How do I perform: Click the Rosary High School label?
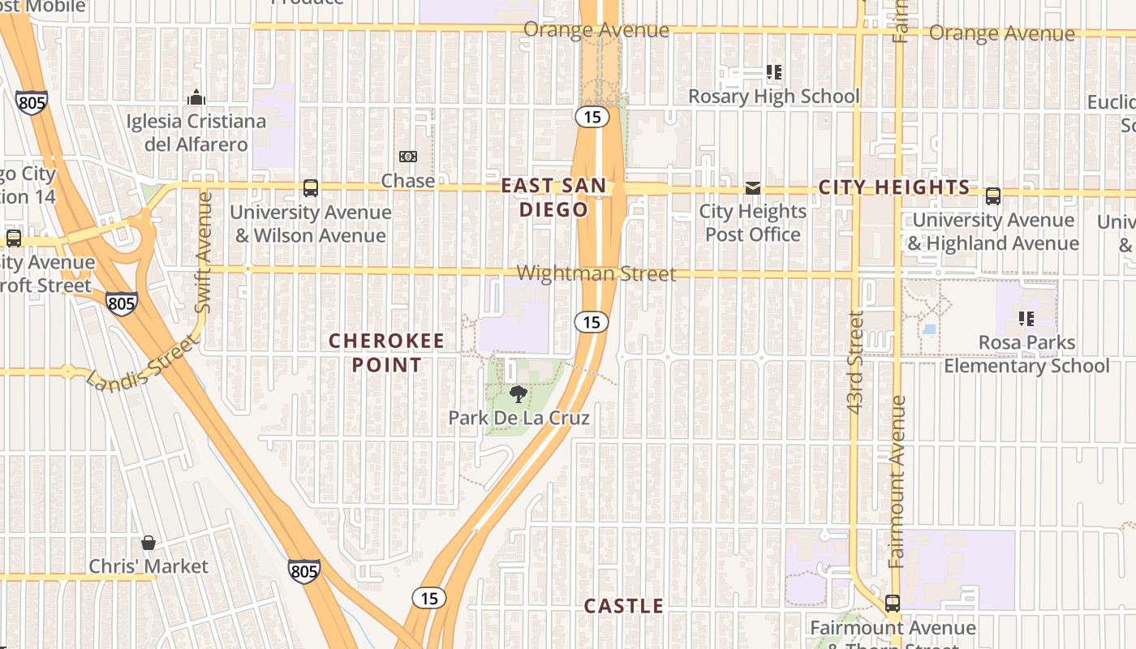pos(773,97)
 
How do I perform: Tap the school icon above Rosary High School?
pos(774,72)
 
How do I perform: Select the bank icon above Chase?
pos(407,156)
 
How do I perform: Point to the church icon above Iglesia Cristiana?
pos(196,97)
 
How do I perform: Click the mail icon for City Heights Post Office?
pos(753,188)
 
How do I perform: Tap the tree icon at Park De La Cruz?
pos(518,394)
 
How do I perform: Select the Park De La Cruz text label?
pos(519,418)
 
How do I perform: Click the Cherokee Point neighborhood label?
pos(387,353)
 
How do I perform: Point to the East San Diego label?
pos(553,197)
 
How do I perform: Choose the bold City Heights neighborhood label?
pos(894,187)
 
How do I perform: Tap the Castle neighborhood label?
pos(624,606)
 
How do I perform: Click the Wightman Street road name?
pos(596,273)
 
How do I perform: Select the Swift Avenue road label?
pos(204,251)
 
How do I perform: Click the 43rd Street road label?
pos(855,362)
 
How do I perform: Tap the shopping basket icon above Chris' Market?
pos(148,542)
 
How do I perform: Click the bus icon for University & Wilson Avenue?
pos(311,188)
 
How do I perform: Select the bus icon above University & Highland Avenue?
pos(993,196)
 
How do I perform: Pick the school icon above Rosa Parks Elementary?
pos(1026,319)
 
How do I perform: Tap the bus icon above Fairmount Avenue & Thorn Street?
pos(893,604)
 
